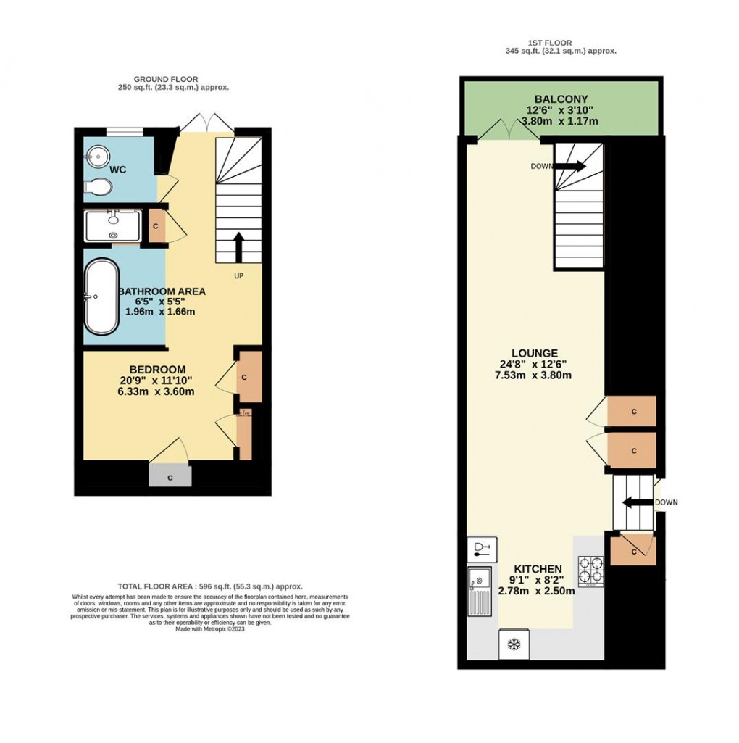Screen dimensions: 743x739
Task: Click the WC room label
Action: point(118,170)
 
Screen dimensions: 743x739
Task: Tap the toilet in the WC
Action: point(98,188)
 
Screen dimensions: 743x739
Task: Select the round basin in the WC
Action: point(96,154)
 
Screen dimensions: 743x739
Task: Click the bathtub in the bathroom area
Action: point(102,296)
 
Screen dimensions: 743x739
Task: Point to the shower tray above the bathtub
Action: point(114,225)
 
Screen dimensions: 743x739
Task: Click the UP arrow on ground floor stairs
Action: point(238,247)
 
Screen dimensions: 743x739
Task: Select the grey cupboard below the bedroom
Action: point(170,477)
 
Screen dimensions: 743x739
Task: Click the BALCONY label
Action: point(561,99)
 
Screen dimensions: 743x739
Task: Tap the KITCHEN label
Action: point(538,568)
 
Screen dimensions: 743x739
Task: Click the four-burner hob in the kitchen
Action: point(590,570)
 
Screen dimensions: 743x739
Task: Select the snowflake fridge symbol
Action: point(514,644)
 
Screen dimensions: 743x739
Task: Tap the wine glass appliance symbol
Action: point(481,549)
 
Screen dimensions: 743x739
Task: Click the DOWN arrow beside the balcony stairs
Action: point(571,166)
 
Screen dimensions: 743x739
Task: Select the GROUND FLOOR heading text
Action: point(166,79)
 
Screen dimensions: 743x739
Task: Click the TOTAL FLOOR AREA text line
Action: point(210,586)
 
